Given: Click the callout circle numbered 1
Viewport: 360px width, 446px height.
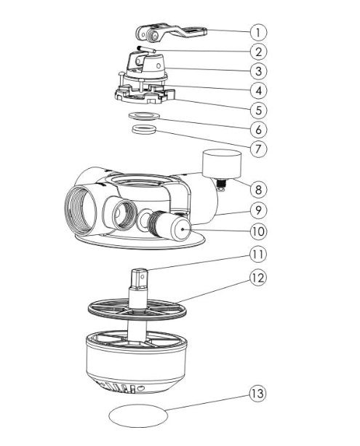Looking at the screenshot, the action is pos(258,32).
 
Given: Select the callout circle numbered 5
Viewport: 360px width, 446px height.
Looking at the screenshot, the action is pos(258,110).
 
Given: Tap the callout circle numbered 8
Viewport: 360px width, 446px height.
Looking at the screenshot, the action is pos(258,189).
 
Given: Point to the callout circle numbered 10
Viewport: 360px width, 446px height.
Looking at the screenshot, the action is pos(258,231).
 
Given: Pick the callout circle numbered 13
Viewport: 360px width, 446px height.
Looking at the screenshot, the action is pos(257,394).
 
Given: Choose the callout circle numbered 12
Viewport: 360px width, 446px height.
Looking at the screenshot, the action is pos(258,278).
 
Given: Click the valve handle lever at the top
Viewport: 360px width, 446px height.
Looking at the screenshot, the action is pos(171,33).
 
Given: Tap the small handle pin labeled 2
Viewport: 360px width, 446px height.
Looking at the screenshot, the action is pos(146,49).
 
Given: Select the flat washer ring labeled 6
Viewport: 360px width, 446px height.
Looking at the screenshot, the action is pos(144,116).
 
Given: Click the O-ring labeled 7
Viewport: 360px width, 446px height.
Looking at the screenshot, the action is pos(145,130).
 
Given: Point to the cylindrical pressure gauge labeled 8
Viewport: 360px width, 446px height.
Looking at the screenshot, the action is pos(222,164).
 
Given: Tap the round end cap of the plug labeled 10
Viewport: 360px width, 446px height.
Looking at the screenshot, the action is pos(181,228).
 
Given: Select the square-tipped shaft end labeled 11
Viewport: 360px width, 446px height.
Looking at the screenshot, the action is pos(139,278).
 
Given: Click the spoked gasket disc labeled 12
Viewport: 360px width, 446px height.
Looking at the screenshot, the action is pos(137,309).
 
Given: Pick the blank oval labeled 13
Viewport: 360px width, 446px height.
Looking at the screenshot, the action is pos(138,415).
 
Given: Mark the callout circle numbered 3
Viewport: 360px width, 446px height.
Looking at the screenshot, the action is pos(258,71).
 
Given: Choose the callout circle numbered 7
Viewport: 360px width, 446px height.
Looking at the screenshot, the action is pos(258,148).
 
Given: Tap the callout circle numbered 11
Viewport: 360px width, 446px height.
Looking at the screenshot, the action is pos(258,254).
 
